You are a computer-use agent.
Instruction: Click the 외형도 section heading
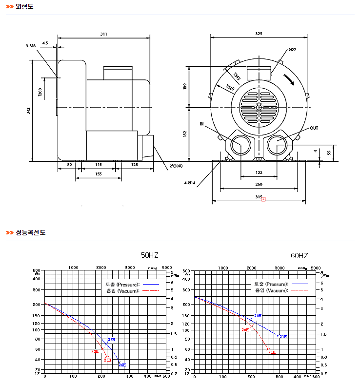[24, 6]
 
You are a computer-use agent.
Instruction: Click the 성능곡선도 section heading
[30, 232]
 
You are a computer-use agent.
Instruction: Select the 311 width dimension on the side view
[103, 34]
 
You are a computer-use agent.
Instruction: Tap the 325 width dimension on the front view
[259, 34]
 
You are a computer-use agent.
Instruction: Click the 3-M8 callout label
[31, 45]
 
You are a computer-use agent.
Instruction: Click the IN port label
[201, 124]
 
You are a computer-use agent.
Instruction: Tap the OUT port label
[314, 128]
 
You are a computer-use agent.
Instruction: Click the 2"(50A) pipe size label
[176, 166]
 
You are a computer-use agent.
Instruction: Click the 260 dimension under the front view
[259, 184]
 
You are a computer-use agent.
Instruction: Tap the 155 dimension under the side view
[99, 174]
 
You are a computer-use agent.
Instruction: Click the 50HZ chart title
[150, 255]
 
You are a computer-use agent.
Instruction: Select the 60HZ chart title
[300, 255]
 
